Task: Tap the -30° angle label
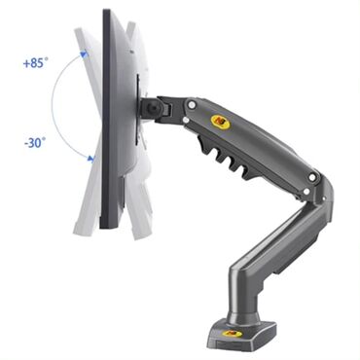(35, 142)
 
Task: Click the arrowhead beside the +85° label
(85, 54)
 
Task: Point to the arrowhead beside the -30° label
(90, 159)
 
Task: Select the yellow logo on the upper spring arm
(221, 121)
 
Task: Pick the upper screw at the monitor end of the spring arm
(192, 105)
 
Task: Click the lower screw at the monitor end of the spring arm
(186, 120)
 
